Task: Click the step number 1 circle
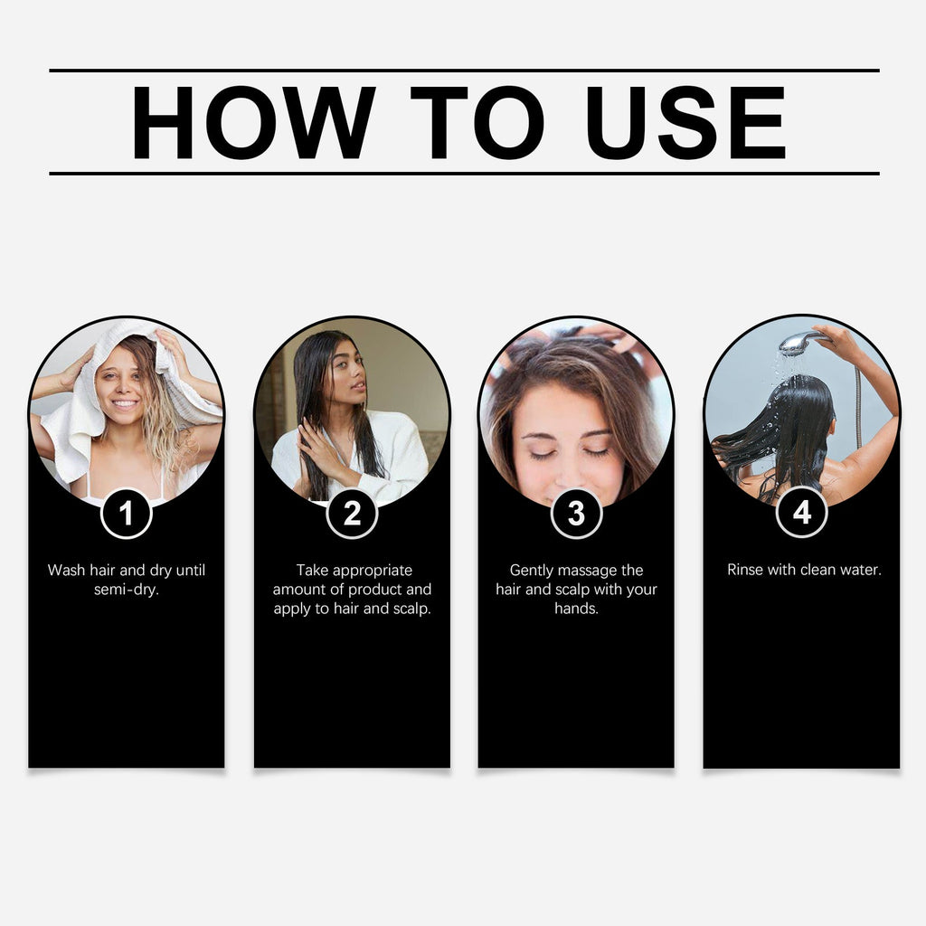coord(126,513)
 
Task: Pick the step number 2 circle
coord(352,513)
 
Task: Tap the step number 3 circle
coord(576,513)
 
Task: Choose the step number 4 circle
coord(801,513)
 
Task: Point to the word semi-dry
coord(126,590)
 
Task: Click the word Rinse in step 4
coord(747,571)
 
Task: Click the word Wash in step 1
coord(66,571)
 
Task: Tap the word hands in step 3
coord(576,609)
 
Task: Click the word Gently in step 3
coord(534,571)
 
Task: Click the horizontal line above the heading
coord(464,71)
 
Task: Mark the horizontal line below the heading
coord(464,173)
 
